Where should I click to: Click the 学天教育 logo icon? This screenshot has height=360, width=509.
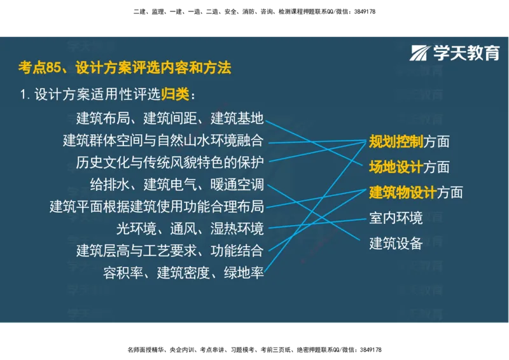420,53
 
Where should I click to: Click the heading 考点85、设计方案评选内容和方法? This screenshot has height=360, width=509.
124,67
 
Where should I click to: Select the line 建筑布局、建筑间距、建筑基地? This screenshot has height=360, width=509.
169,118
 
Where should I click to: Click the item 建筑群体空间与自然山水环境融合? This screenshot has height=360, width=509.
163,140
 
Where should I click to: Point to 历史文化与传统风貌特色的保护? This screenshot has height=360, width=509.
169,162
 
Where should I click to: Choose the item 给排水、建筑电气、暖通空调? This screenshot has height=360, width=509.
176,184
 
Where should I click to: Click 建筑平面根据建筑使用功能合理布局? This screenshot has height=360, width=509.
157,206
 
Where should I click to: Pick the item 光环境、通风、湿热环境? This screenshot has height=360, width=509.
190,228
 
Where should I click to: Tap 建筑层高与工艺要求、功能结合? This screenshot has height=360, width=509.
169,250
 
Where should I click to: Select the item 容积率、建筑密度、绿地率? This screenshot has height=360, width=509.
183,273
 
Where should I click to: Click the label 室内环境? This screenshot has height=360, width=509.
396,218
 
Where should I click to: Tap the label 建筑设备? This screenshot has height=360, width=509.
396,243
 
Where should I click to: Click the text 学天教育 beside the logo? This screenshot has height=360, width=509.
466,53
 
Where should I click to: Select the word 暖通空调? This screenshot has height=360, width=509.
237,184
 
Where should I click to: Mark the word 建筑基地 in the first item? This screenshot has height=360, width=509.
237,118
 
